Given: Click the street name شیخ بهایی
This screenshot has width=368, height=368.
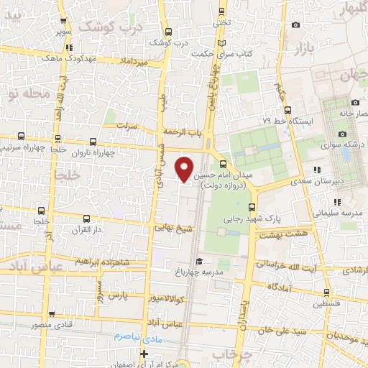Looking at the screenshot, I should [170, 227].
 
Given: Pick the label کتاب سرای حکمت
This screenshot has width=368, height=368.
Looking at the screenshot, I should [256, 54].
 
